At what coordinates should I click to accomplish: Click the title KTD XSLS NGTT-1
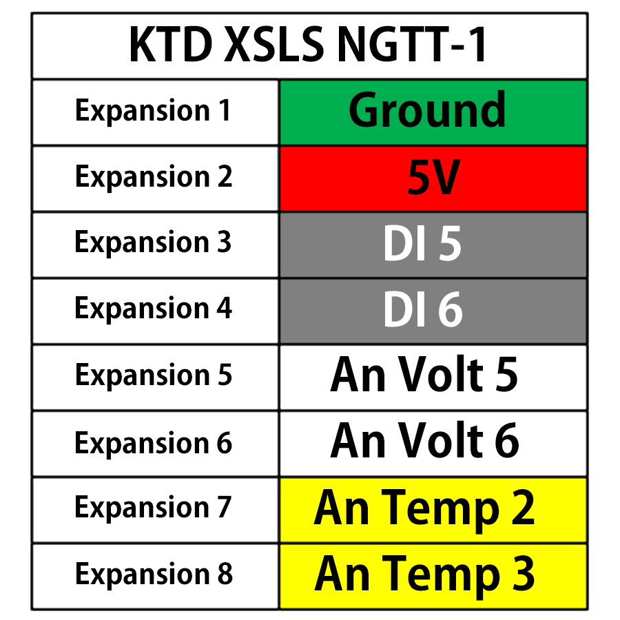pyautogui.click(x=309, y=45)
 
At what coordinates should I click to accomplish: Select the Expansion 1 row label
pyautogui.click(x=153, y=112)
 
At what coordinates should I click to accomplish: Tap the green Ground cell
pyautogui.click(x=433, y=112)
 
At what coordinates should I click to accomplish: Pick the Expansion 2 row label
pyautogui.click(x=153, y=178)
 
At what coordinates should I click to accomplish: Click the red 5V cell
pyautogui.click(x=433, y=178)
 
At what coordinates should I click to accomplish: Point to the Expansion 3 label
pyautogui.click(x=153, y=243)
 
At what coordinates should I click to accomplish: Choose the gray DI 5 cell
pyautogui.click(x=433, y=245)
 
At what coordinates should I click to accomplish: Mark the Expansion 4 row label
pyautogui.click(x=153, y=309)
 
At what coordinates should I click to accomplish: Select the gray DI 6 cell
pyautogui.click(x=433, y=311)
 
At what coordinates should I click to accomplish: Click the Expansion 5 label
pyautogui.click(x=153, y=376)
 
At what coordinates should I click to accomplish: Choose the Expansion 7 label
pyautogui.click(x=153, y=508)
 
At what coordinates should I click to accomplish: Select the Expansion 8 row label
pyautogui.click(x=153, y=575)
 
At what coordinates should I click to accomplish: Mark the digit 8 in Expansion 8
pyautogui.click(x=225, y=575)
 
